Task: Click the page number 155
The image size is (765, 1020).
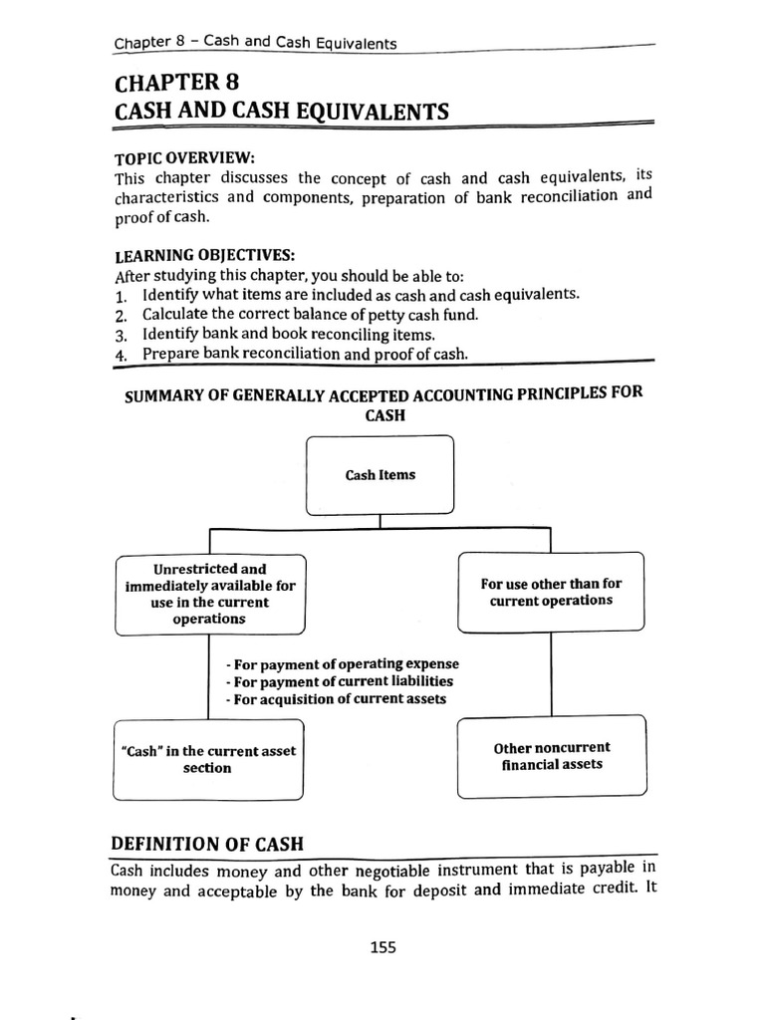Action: (x=382, y=947)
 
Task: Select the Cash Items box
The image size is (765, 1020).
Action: (x=381, y=475)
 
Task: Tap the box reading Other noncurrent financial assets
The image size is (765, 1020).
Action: (x=552, y=756)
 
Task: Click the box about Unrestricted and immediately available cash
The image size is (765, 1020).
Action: (x=209, y=594)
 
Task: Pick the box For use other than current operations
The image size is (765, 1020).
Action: (x=551, y=593)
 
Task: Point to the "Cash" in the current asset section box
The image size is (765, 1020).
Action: (x=208, y=759)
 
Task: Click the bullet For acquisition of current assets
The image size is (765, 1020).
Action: (x=336, y=699)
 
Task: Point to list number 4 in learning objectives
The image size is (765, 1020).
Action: (x=121, y=355)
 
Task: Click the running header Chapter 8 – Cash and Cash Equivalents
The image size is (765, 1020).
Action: (x=255, y=43)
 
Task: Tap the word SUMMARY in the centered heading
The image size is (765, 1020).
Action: (x=163, y=395)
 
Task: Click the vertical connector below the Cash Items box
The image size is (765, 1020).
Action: (x=381, y=522)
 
